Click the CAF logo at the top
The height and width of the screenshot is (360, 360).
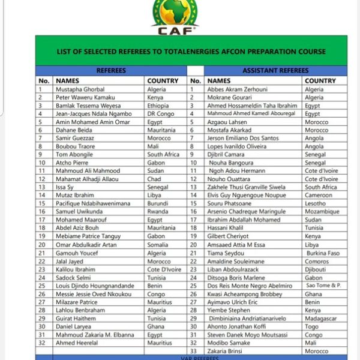tap(175, 16)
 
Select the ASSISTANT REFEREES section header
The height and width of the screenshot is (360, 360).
tap(275, 70)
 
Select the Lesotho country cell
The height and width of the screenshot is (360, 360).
tap(316, 203)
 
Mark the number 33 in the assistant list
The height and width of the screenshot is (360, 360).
tap(194, 351)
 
